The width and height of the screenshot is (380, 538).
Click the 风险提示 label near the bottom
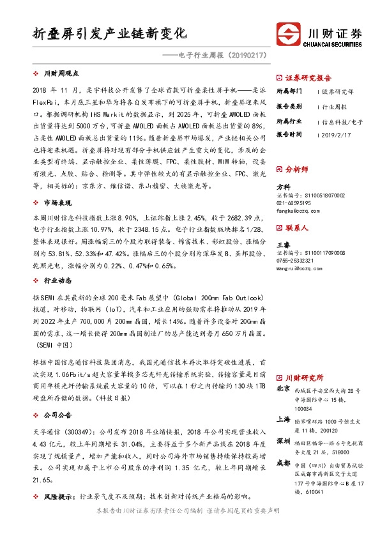pos(56,495)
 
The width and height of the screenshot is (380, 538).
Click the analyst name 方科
pos(282,186)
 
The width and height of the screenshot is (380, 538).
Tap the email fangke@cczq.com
pos(300,210)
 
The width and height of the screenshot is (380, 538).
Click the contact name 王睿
pos(282,244)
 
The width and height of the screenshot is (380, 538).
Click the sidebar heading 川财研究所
pos(303,378)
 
